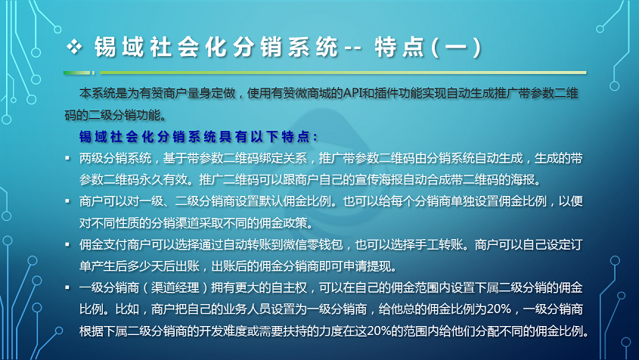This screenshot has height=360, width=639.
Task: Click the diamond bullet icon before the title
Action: coord(75,46)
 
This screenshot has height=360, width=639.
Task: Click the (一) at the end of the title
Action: coord(457,47)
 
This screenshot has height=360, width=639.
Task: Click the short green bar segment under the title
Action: coord(76,73)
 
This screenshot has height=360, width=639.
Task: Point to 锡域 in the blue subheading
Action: coord(92,137)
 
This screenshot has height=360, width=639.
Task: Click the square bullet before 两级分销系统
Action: coord(67,158)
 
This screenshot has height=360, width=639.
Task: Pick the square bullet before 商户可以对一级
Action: coord(67,201)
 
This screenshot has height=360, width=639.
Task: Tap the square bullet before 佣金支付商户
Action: coord(67,244)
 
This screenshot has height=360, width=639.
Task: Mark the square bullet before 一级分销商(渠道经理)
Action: coord(67,287)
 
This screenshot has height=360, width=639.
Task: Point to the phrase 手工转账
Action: coord(439,244)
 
